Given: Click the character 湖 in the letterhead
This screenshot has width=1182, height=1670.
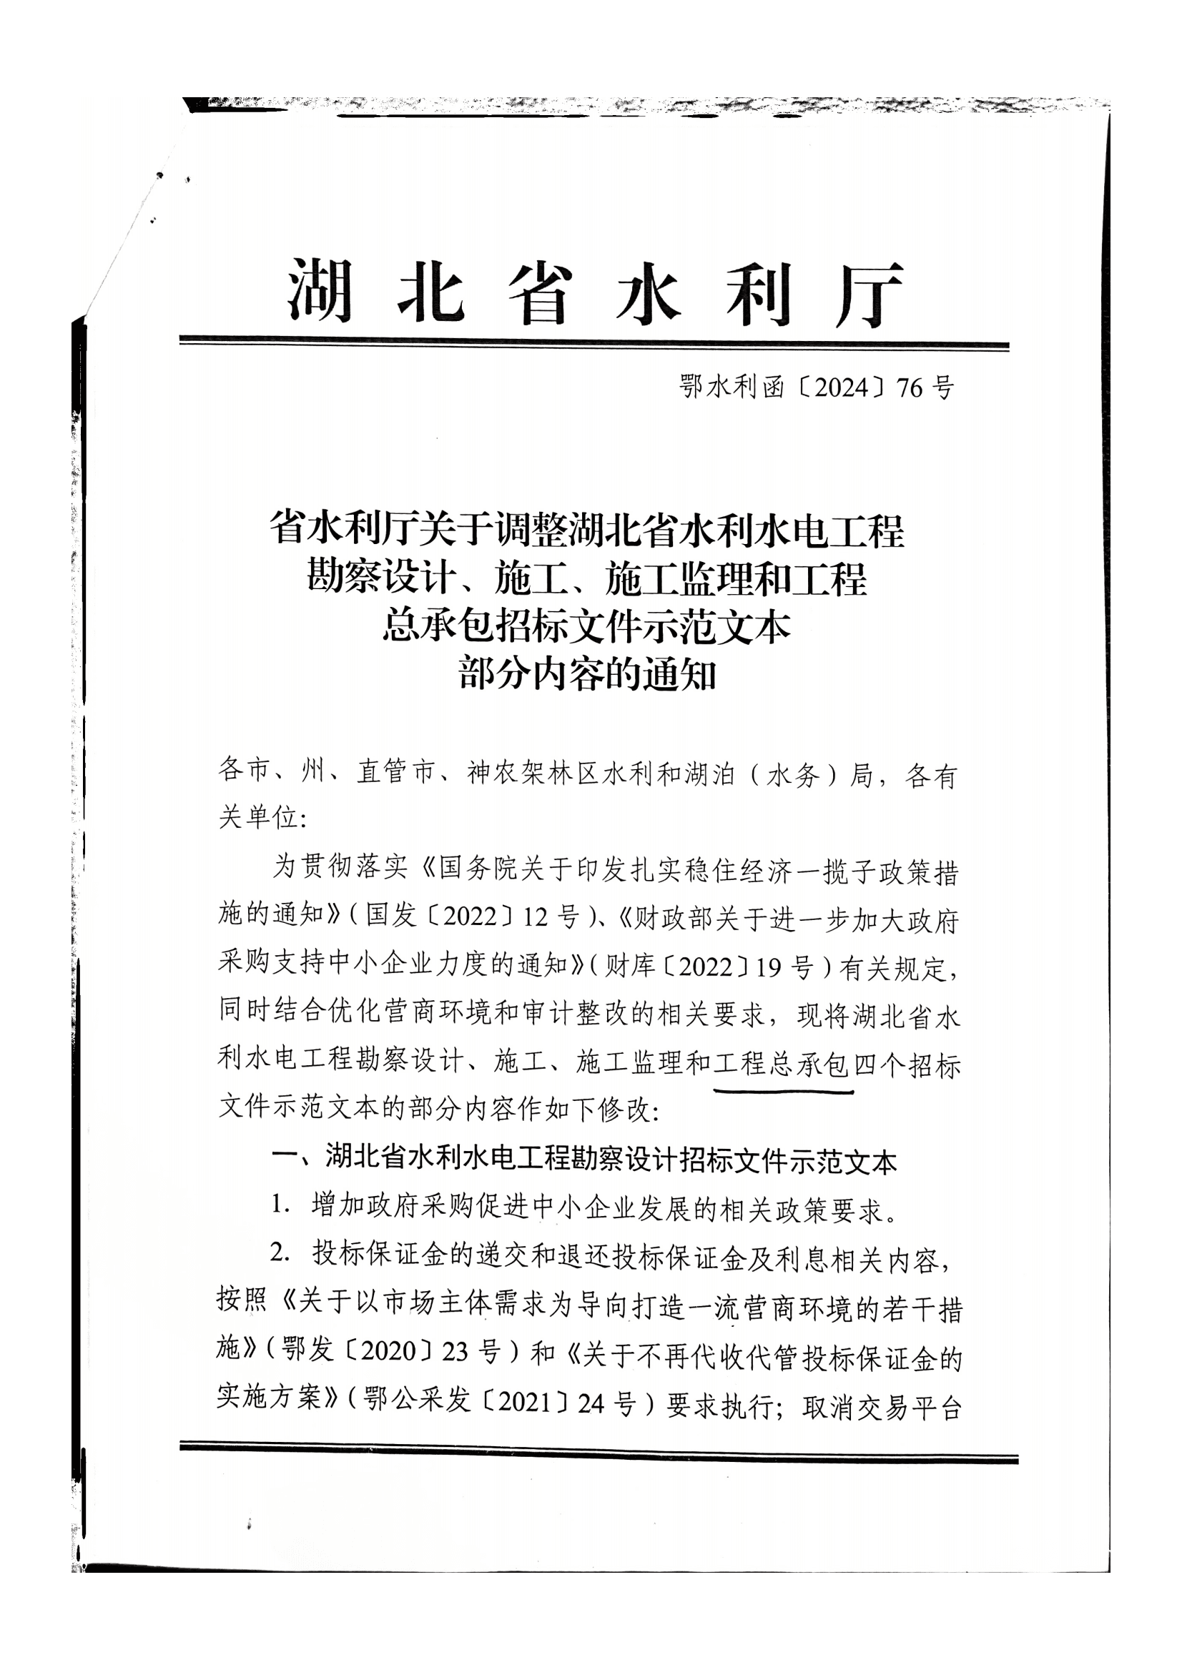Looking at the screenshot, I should (320, 292).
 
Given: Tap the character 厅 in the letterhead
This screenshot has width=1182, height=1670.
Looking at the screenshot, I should (869, 294).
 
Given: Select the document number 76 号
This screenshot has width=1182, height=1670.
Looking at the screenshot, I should (925, 388).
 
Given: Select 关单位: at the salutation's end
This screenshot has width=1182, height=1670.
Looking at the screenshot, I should (262, 818).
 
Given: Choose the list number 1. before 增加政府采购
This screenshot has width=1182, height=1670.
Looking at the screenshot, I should (282, 1205).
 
